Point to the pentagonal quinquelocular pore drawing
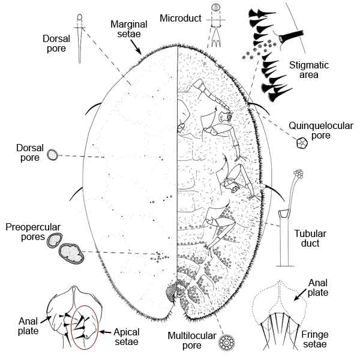point(301,143)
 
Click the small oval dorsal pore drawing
point(53,155)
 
